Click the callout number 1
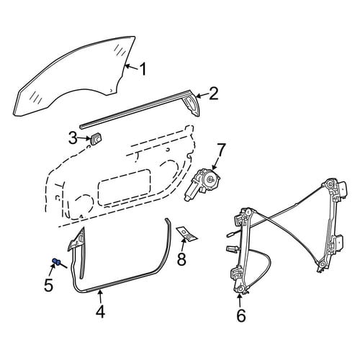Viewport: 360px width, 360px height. point(143,69)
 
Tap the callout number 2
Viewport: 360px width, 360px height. point(213,94)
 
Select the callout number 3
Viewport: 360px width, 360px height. point(73,138)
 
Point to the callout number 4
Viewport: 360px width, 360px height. point(100,312)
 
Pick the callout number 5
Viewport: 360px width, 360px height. point(48,285)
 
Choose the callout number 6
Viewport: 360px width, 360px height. point(241,315)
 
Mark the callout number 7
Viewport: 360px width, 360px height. point(221,149)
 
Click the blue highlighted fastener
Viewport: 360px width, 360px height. point(56,261)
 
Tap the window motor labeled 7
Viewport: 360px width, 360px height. point(202,184)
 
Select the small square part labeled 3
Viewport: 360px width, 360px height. point(96,139)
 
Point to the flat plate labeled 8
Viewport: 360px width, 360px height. point(187,233)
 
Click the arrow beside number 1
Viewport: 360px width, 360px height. point(132,67)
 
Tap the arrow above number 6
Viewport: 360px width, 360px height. point(239,300)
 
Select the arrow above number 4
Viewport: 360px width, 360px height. point(100,297)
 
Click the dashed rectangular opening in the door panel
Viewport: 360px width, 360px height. point(125,187)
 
